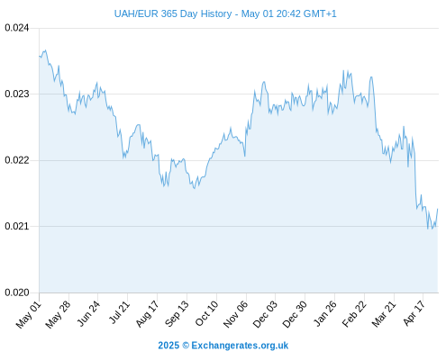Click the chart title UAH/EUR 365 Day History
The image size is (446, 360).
173,13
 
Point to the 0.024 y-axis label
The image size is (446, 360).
17,28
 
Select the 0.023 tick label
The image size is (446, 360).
17,94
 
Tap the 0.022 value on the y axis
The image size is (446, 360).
17,160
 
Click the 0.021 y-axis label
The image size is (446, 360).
17,226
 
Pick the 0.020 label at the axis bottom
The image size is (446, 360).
17,292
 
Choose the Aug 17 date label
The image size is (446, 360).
147,314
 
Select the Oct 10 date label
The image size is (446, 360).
206,313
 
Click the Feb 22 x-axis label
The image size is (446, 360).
354,314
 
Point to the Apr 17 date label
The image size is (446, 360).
414,313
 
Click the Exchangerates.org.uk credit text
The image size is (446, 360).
240,346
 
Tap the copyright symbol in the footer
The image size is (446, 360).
186,346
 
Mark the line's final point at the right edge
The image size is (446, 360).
438,209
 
